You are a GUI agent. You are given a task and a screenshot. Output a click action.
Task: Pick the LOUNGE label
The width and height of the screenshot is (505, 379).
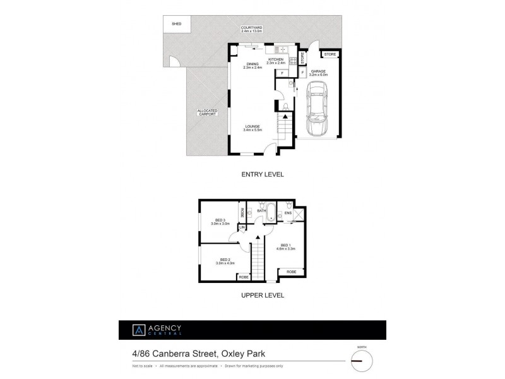(x=252, y=128)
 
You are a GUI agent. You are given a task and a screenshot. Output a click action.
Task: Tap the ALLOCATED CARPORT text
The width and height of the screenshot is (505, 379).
(x=207, y=113)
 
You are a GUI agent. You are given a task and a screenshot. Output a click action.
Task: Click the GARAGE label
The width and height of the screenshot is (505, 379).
(x=318, y=73)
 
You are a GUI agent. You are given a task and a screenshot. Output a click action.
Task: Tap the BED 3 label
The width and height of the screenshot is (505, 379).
(x=218, y=221)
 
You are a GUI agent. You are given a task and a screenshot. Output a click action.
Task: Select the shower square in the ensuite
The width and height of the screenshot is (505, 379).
(x=298, y=214)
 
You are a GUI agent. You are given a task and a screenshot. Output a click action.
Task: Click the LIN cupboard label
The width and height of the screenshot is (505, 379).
(x=241, y=227)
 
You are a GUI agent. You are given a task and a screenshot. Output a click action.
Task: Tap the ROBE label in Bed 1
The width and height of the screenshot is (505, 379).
(x=291, y=272)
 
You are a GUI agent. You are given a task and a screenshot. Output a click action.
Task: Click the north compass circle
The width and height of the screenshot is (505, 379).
(x=361, y=361)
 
